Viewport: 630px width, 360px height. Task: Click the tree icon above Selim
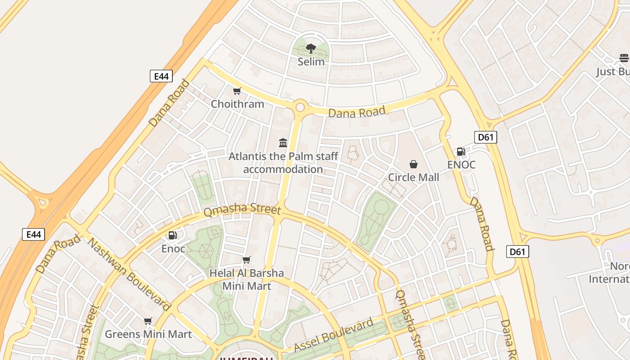pos(310,48)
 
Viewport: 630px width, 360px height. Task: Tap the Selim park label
pos(311,61)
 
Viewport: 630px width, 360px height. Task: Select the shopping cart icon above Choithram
pos(237,91)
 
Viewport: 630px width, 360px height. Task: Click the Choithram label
pos(238,104)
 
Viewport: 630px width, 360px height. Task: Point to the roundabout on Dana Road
pos(300,108)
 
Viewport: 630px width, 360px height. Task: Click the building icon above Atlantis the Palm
pos(283,143)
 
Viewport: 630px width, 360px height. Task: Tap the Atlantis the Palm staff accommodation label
pos(283,163)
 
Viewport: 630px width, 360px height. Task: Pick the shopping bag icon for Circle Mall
pos(414,164)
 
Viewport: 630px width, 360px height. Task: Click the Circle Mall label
pos(414,177)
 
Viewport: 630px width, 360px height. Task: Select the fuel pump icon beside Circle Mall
pos(461,152)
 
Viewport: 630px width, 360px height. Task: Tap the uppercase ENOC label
pos(461,165)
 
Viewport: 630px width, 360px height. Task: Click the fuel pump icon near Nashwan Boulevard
pos(172,235)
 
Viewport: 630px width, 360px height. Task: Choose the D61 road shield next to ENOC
pos(486,137)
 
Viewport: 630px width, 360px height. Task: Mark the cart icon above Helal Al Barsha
pos(246,260)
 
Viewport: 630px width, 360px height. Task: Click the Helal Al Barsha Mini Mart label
pos(247,279)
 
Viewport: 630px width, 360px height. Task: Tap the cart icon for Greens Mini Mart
pos(148,321)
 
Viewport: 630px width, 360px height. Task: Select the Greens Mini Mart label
pos(148,334)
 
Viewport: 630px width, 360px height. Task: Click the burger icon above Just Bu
pos(624,58)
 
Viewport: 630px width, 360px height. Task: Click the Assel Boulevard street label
pos(333,334)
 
